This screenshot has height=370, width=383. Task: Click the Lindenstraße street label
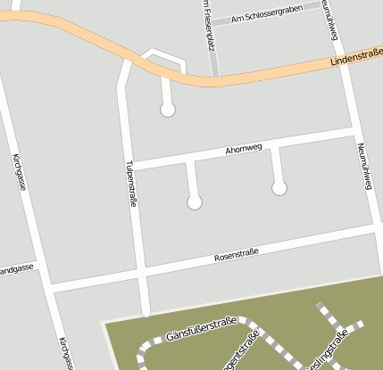pos(355,58)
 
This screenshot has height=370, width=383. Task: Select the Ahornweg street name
pos(244,147)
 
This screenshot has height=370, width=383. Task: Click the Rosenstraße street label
pos(237,254)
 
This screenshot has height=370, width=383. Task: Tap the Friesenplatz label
pos(205,12)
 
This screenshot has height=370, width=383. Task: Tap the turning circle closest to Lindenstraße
pos(167,111)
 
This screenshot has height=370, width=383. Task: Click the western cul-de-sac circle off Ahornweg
pos(195,202)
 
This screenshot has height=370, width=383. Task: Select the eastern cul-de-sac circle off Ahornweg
pos(279,188)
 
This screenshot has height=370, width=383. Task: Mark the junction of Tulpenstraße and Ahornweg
pos(132,164)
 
